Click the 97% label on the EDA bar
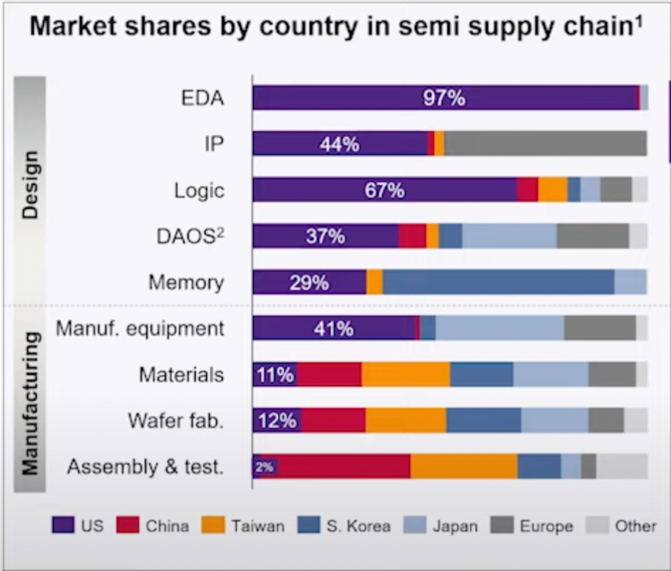(444, 98)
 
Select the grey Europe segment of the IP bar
(545, 144)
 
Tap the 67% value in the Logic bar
(384, 190)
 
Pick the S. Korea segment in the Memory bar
(498, 282)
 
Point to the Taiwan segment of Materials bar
(406, 374)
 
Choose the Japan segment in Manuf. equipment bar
(499, 328)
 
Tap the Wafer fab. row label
(175, 420)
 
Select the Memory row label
(186, 283)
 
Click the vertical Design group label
(30, 185)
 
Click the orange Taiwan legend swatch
(216, 525)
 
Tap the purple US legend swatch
(62, 525)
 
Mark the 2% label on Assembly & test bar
(264, 466)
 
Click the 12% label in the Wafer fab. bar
(277, 420)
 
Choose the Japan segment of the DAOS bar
(509, 236)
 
